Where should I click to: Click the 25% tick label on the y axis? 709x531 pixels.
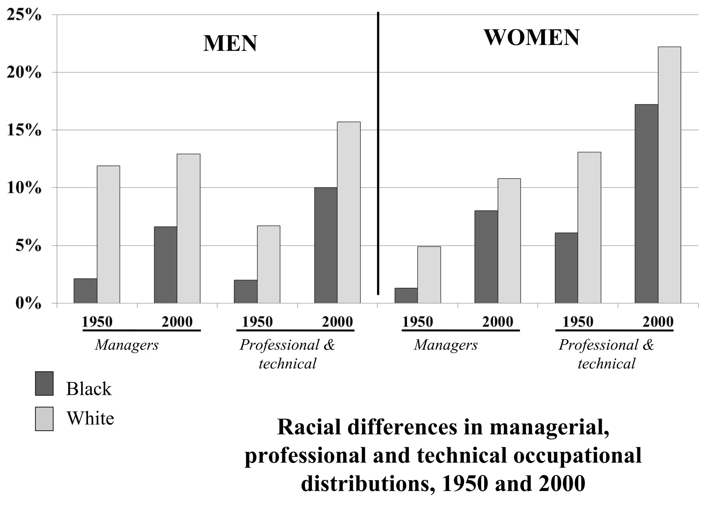(x=24, y=15)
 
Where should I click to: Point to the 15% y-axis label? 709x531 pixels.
(x=24, y=131)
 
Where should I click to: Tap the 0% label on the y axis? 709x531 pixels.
(x=28, y=304)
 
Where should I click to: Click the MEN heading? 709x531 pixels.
(x=230, y=44)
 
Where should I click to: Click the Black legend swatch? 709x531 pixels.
(x=44, y=383)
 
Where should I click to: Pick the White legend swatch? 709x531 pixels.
(x=44, y=419)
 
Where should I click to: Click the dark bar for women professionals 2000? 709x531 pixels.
(x=646, y=204)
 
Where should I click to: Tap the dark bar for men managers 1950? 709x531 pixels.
(x=85, y=291)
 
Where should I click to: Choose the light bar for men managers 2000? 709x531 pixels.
(x=188, y=229)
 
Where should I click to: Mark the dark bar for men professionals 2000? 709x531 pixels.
(x=326, y=245)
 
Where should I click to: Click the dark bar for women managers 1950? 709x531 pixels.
(x=406, y=296)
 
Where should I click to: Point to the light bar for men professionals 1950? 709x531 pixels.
(x=268, y=264)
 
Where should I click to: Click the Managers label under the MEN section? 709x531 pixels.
(x=127, y=345)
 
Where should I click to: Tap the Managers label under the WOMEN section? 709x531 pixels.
(x=446, y=345)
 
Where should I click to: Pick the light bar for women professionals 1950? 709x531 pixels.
(x=589, y=227)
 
